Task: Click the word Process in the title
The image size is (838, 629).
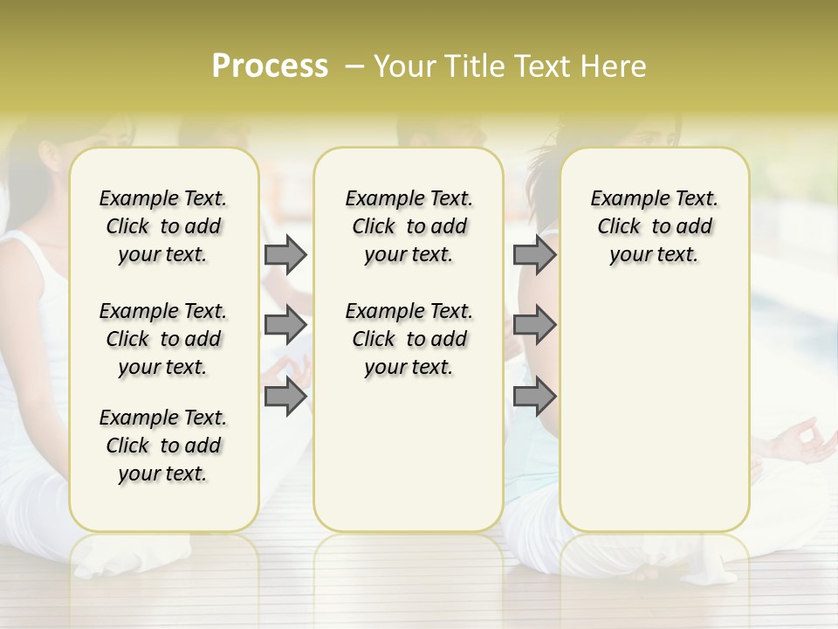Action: (x=270, y=66)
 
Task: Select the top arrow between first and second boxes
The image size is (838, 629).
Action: (x=285, y=254)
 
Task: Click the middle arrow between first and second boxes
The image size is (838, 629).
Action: (x=285, y=325)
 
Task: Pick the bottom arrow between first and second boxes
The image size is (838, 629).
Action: (x=285, y=397)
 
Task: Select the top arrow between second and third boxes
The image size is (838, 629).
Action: (x=534, y=254)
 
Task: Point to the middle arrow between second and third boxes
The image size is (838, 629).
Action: (x=534, y=325)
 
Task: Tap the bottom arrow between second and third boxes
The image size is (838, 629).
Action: (x=534, y=397)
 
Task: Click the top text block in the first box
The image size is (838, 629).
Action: (x=163, y=226)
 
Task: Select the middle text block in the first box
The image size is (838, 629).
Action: (x=163, y=339)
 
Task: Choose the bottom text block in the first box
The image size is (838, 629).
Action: (x=163, y=446)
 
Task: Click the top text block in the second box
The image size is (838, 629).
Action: (x=409, y=226)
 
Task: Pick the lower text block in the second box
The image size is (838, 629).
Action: (x=409, y=339)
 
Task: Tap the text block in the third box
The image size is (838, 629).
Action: (x=655, y=226)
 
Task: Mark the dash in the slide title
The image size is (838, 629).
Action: (x=354, y=66)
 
